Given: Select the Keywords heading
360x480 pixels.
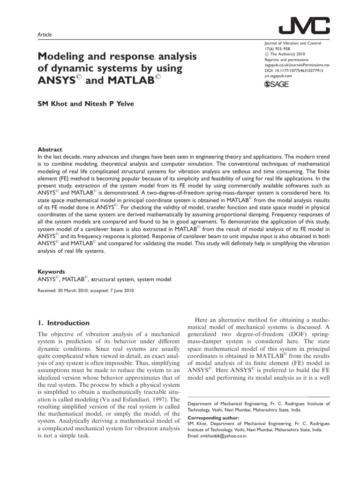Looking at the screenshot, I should tap(51, 271).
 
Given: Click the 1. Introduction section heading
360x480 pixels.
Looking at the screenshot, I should tap(63, 323).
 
